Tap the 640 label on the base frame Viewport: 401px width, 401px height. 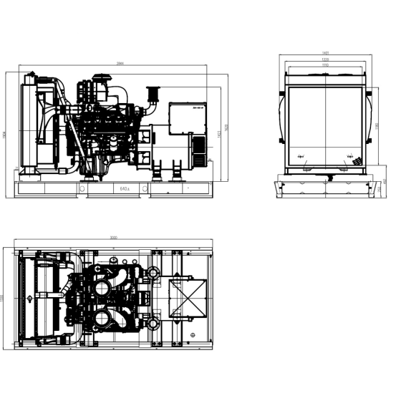pyautogui.click(x=125, y=188)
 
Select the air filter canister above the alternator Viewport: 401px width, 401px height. pyautogui.click(x=151, y=94)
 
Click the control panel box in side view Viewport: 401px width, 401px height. pyautogui.click(x=190, y=115)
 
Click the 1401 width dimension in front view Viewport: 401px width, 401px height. pyautogui.click(x=326, y=54)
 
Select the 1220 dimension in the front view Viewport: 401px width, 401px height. pyautogui.click(x=326, y=59)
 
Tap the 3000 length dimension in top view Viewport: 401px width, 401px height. pyautogui.click(x=115, y=237)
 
